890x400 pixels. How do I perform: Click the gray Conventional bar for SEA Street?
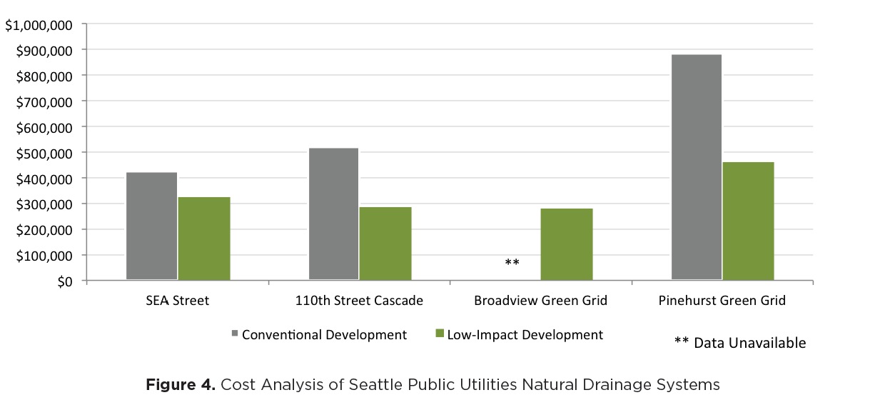[151, 226]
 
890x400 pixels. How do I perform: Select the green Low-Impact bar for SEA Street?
[204, 239]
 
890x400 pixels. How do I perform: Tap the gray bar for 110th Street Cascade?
[334, 214]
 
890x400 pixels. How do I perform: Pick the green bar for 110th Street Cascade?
[386, 244]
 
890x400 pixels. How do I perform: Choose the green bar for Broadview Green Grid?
[567, 244]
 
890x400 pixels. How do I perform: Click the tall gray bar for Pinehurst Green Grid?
[697, 167]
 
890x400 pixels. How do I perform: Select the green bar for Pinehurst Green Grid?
[749, 221]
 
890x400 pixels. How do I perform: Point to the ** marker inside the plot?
[512, 262]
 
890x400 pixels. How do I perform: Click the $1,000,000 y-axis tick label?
[39, 26]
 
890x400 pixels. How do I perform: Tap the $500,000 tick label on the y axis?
[44, 154]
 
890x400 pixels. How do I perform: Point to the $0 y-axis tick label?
[65, 282]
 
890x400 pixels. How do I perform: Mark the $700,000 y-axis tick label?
[44, 103]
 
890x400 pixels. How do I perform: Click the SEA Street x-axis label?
[177, 300]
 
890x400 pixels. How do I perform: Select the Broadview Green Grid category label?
[541, 300]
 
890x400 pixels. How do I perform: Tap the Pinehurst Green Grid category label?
[722, 300]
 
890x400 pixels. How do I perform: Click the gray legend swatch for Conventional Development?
[235, 334]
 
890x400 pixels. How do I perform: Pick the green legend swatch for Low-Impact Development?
[440, 334]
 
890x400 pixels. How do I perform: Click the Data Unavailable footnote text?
[749, 343]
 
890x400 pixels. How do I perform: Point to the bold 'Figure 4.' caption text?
[181, 384]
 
